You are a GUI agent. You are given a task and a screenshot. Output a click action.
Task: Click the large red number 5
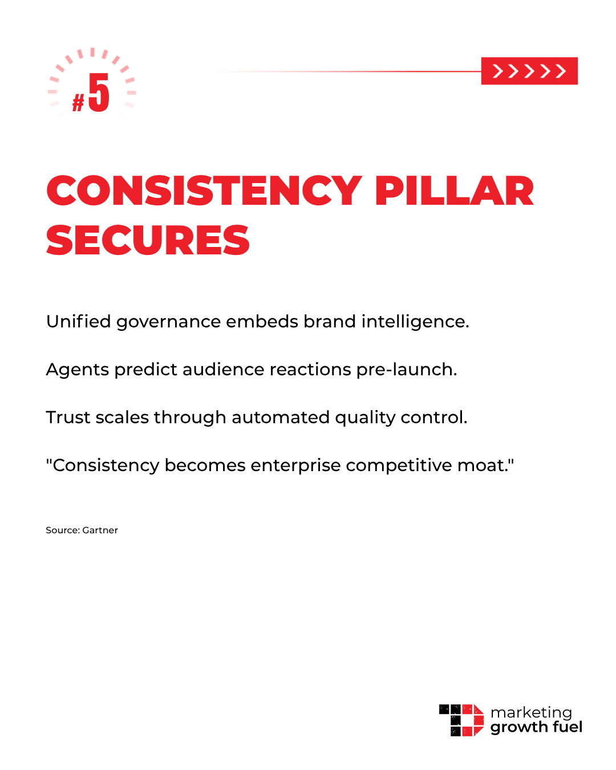pos(99,93)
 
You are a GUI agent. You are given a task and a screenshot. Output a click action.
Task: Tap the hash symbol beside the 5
pos(78,103)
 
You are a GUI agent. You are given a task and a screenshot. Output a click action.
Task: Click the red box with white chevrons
pos(529,71)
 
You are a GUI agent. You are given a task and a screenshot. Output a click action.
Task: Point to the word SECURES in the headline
pos(148,240)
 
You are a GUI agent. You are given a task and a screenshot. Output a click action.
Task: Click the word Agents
pos(78,370)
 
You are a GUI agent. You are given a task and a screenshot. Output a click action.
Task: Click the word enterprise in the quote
pos(295,466)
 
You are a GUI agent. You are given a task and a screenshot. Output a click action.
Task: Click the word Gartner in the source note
pos(100,530)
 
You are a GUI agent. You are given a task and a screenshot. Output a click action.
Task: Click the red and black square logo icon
pos(461,720)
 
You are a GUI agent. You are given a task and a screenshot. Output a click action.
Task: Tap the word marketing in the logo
pos(531,713)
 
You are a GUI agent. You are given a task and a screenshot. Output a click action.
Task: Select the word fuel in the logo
pos(568,727)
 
